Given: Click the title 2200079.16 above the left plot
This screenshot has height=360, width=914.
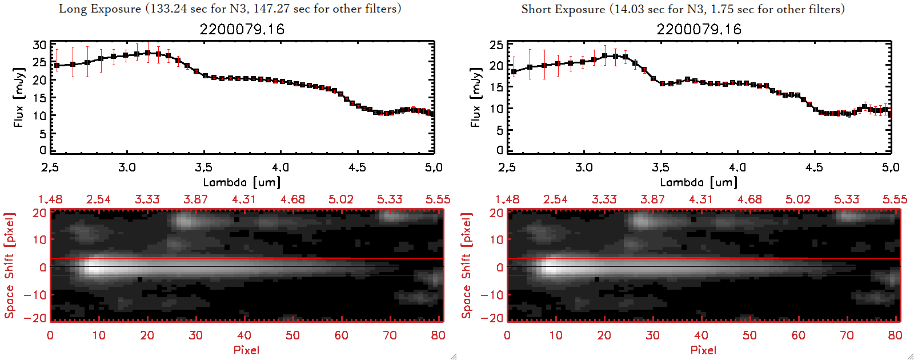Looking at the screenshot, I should point(242,30).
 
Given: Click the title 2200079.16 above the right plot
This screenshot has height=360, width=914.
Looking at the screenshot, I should point(699,30).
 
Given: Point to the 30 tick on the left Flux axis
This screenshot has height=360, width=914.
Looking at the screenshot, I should point(39,45).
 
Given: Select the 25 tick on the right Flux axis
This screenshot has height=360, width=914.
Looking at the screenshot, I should point(496,45).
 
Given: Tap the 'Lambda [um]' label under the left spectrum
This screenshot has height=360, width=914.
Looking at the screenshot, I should point(242,182).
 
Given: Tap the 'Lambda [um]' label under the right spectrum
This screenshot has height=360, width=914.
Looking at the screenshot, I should point(699,182).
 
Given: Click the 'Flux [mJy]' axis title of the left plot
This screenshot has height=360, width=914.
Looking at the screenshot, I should point(19,97).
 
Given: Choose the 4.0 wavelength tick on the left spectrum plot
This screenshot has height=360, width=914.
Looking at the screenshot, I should point(280,167).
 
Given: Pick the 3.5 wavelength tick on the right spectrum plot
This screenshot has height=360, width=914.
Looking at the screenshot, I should point(660,167).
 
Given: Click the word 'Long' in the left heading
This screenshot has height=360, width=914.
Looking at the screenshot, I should point(73,9).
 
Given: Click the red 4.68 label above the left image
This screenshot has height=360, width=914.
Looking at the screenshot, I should point(292,199).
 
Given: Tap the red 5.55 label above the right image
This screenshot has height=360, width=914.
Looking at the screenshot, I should point(895,199).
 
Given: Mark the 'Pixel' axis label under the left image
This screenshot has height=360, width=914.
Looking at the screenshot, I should point(246,350).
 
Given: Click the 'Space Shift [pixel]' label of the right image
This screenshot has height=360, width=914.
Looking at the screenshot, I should point(467,266).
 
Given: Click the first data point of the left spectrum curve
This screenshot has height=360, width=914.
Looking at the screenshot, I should point(57,66).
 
